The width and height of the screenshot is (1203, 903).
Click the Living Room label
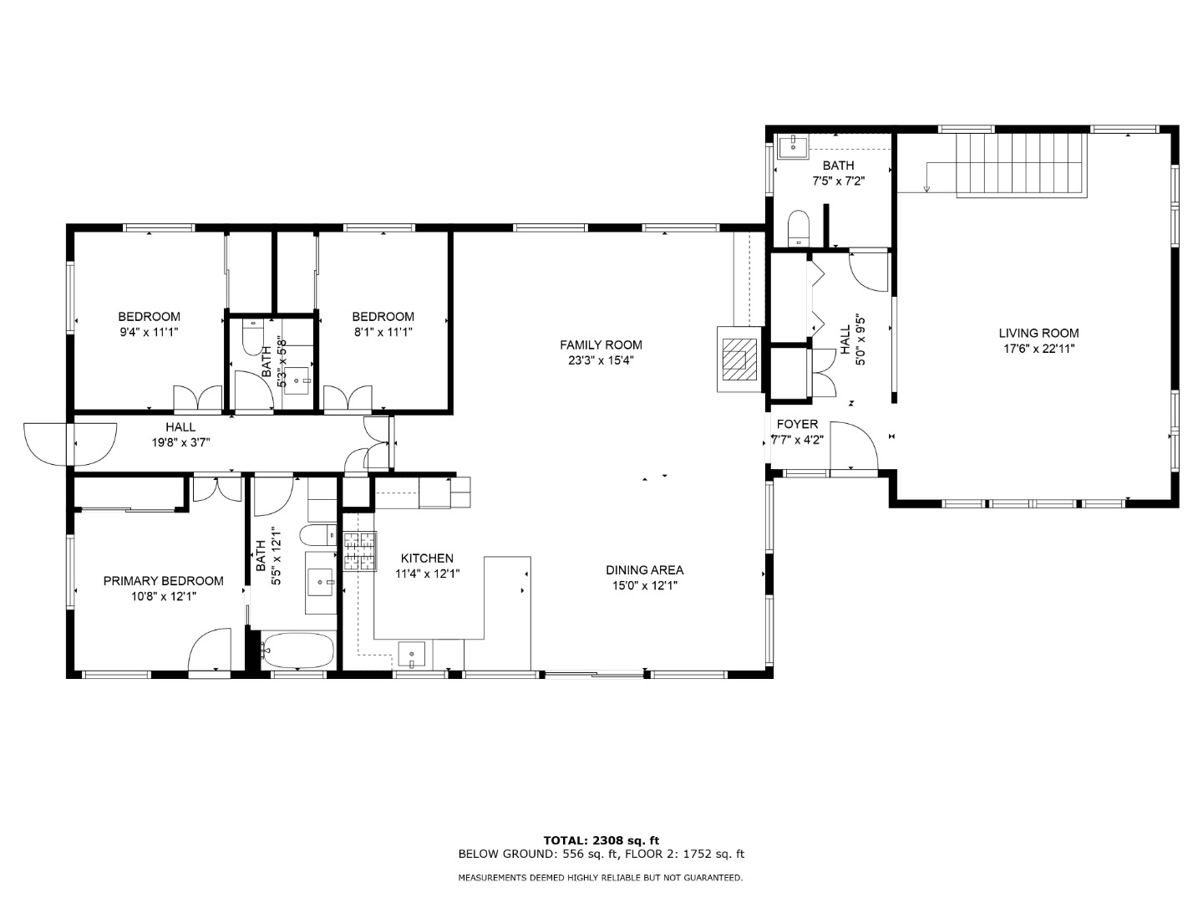click(x=1038, y=333)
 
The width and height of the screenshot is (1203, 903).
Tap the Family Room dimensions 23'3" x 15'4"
click(x=601, y=360)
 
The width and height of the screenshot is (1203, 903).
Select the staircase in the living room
click(x=1022, y=164)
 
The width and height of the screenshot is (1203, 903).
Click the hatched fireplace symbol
click(x=739, y=360)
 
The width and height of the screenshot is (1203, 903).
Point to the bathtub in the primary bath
click(x=297, y=650)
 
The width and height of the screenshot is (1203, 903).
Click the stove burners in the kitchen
click(x=359, y=551)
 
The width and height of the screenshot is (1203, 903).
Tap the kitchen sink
click(x=411, y=654)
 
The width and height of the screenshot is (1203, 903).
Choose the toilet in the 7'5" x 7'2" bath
click(x=798, y=228)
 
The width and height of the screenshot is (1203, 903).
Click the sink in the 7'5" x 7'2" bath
click(x=793, y=147)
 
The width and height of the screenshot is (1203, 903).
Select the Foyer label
click(x=797, y=424)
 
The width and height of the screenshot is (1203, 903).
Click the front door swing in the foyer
click(x=854, y=445)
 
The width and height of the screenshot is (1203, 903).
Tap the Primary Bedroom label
click(x=163, y=580)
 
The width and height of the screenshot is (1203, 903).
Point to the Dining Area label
click(x=644, y=569)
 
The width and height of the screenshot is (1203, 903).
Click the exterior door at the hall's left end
click(x=70, y=443)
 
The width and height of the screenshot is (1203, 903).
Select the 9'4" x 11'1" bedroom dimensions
click(x=149, y=332)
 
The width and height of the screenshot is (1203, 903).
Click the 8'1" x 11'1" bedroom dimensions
click(x=383, y=332)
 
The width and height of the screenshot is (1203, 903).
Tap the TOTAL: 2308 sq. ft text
click(x=601, y=840)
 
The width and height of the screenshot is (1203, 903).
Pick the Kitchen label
click(x=427, y=559)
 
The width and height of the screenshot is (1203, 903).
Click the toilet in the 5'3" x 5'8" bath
click(x=252, y=337)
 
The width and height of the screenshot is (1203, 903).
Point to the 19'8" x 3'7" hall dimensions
click(x=180, y=442)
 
